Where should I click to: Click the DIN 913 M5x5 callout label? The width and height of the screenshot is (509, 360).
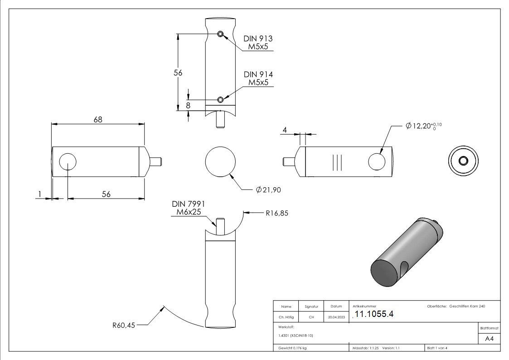click(x=258, y=43)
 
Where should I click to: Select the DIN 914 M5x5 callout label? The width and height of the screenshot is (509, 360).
click(x=258, y=78)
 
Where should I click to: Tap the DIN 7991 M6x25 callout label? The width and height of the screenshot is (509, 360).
click(x=188, y=208)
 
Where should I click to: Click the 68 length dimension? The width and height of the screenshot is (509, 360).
click(x=98, y=120)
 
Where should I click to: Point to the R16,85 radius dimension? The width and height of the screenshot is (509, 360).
click(x=277, y=212)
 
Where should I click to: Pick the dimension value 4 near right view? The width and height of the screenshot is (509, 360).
click(x=285, y=130)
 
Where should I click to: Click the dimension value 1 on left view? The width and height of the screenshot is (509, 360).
click(x=40, y=194)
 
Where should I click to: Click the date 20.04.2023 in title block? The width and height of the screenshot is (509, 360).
click(x=336, y=317)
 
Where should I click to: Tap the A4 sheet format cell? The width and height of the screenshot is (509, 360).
click(x=490, y=339)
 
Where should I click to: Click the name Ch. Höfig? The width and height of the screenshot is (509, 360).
click(x=286, y=317)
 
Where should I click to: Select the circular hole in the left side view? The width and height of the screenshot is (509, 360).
click(x=68, y=161)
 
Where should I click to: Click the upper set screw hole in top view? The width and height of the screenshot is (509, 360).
click(x=220, y=34)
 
